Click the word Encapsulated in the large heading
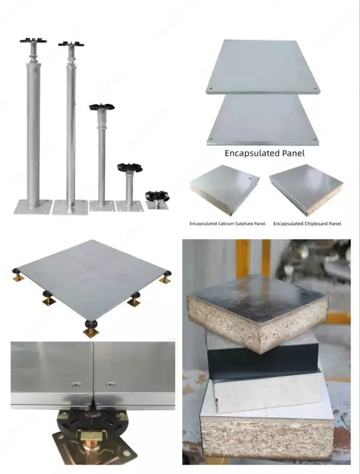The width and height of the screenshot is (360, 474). [x=252, y=153]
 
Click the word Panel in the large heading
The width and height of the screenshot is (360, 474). [x=293, y=153]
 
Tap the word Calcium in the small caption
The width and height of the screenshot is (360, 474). [x=225, y=224]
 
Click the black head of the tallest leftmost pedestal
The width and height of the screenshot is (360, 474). [x=33, y=40]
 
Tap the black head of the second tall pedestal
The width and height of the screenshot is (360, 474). [x=71, y=44]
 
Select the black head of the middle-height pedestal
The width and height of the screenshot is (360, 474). [x=102, y=107]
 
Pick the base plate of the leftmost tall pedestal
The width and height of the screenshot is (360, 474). [x=33, y=207]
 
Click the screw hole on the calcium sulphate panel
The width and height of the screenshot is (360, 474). [x=250, y=178]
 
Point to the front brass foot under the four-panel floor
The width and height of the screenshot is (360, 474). [x=91, y=332]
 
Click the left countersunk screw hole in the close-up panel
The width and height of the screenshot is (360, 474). [x=75, y=385]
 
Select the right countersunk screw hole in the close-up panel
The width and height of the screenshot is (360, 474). [x=110, y=385]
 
